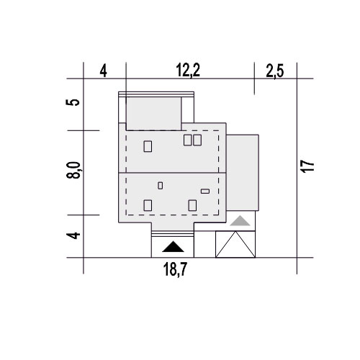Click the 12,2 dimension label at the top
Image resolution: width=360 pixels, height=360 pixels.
point(188,71)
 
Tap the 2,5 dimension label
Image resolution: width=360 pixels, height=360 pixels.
point(275,71)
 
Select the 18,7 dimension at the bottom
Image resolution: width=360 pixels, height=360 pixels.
point(175,269)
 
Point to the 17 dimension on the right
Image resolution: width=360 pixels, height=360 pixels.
point(308,166)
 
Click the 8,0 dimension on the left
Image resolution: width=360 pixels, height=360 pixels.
point(73,170)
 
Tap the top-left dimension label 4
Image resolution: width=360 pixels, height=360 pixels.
point(103,71)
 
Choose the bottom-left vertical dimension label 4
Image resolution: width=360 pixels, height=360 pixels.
point(73,235)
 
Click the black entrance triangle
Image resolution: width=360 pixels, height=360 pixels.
point(173,248)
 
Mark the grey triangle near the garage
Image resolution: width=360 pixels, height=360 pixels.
point(240,222)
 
